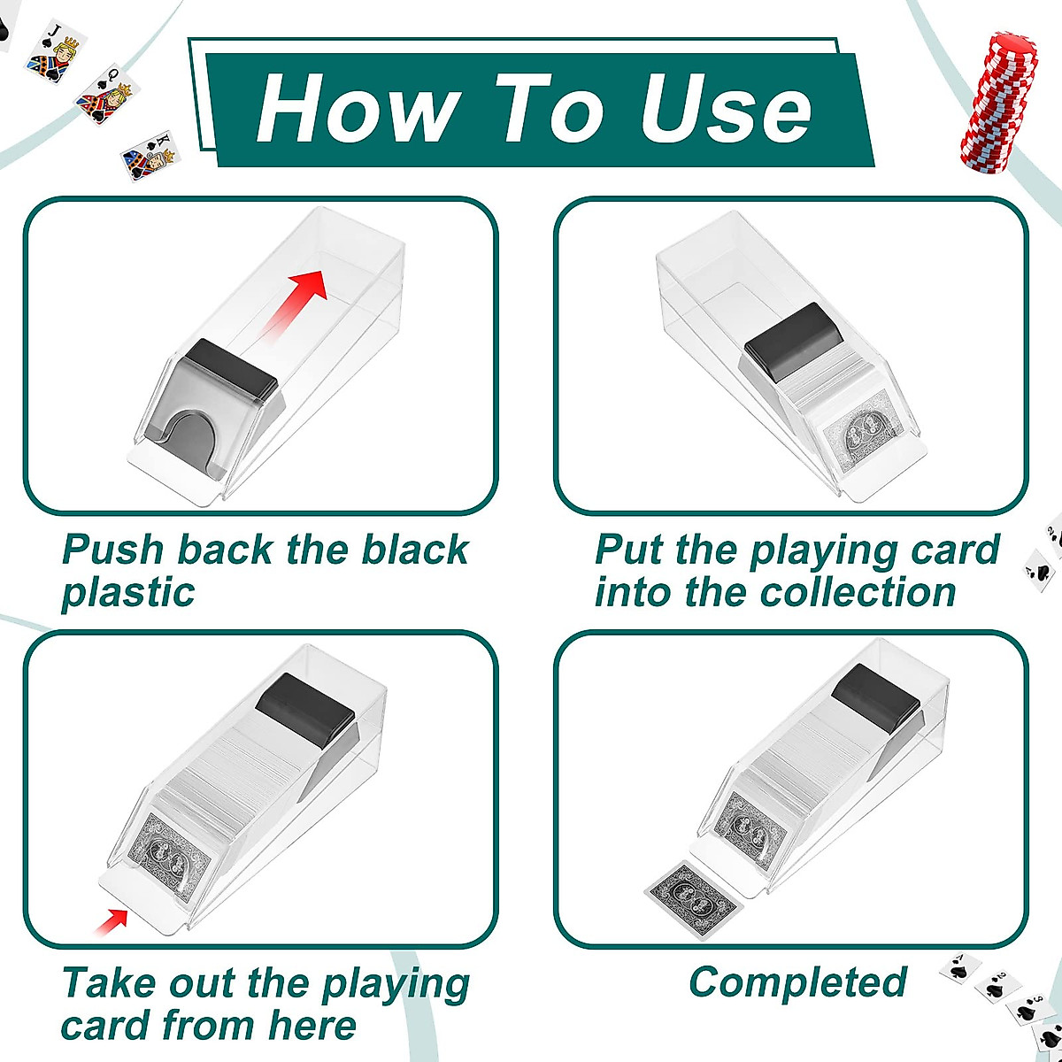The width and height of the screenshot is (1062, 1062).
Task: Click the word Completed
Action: coord(797,982)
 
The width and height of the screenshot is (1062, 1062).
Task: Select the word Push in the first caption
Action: coord(113,550)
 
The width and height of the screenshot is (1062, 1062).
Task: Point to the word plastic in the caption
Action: coord(127,592)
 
